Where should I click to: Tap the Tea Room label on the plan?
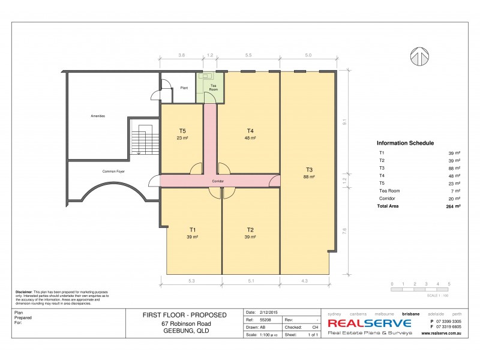pyautogui.click(x=212, y=88)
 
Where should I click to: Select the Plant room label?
pyautogui.click(x=184, y=88)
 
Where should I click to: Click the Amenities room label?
pyautogui.click(x=98, y=116)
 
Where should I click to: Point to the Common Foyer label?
pyautogui.click(x=113, y=172)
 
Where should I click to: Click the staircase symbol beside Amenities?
pyautogui.click(x=142, y=136)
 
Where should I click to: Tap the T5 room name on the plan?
pyautogui.click(x=182, y=131)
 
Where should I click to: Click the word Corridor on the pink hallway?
pyautogui.click(x=218, y=181)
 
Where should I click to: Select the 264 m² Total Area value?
pyautogui.click(x=454, y=206)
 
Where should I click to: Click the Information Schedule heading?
pyautogui.click(x=405, y=143)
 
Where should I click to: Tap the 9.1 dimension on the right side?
pyautogui.click(x=344, y=121)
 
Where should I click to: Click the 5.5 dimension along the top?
pyautogui.click(x=248, y=55)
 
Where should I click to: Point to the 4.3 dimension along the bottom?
pyautogui.click(x=305, y=280)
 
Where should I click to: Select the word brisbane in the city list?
pyautogui.click(x=410, y=313)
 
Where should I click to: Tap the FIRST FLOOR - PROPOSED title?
pyautogui.click(x=184, y=315)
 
